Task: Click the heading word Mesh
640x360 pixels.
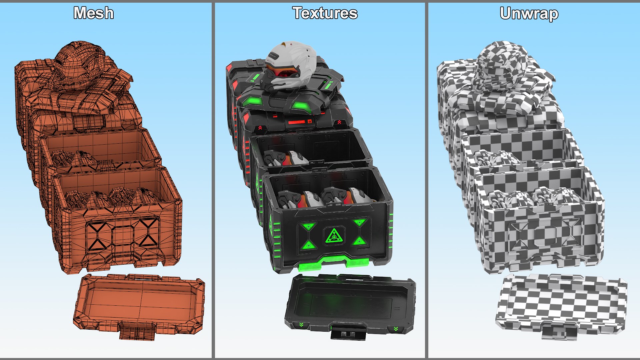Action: click(94, 13)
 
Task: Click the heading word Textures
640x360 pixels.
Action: click(325, 13)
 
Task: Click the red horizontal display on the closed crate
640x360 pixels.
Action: click(297, 122)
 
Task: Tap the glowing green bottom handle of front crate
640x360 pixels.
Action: click(333, 263)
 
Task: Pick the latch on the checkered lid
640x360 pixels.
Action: click(560, 331)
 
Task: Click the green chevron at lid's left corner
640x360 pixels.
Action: click(301, 324)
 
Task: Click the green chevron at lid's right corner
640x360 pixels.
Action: click(396, 329)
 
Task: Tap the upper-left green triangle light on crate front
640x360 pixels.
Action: click(308, 227)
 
